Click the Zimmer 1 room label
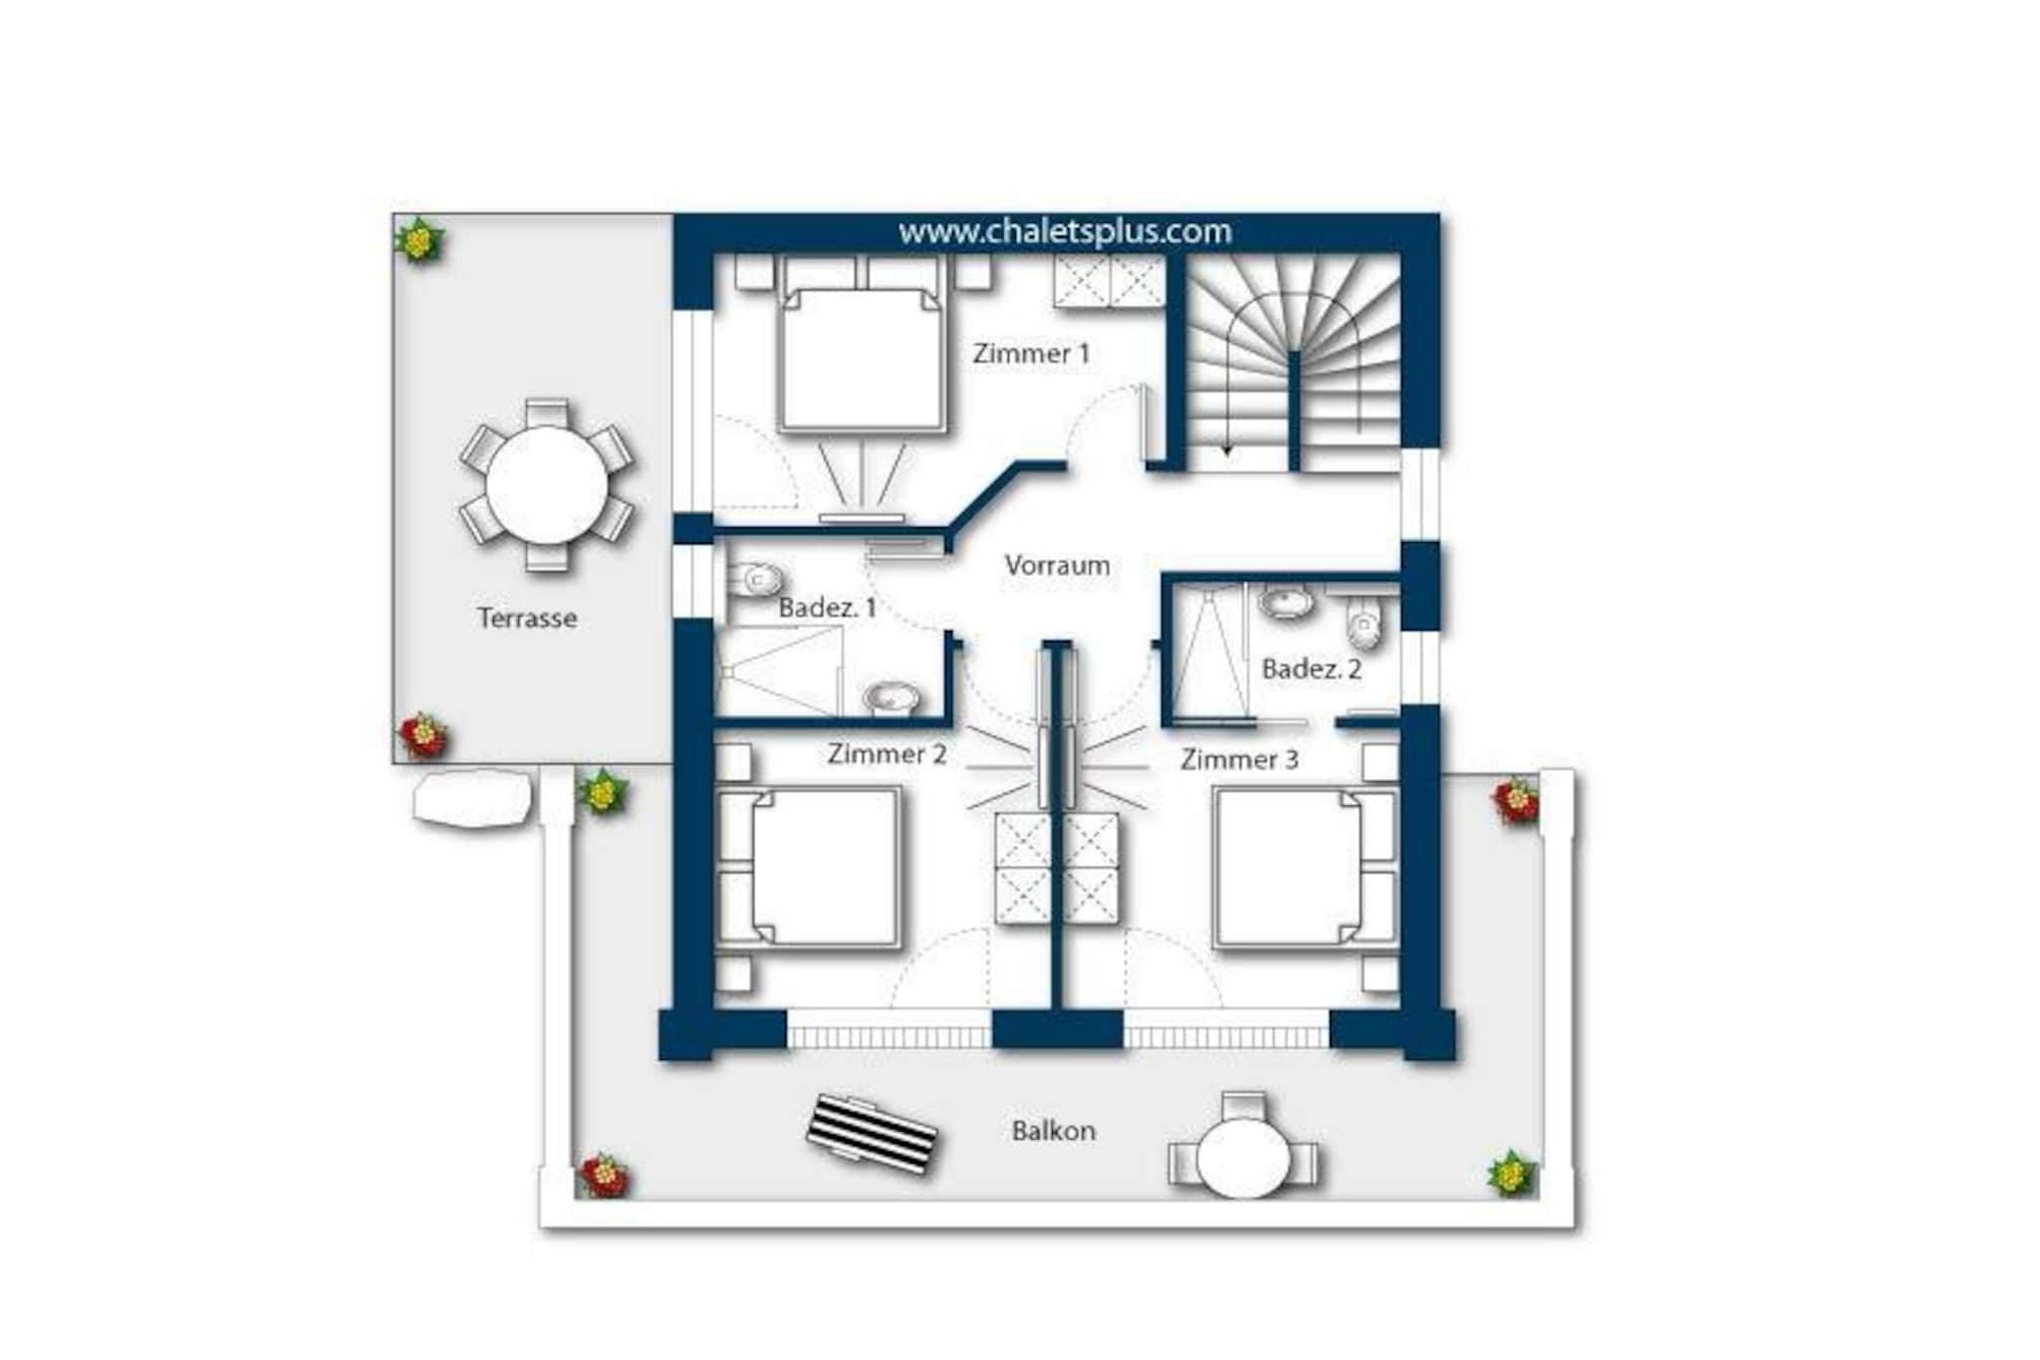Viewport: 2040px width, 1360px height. pos(1031,354)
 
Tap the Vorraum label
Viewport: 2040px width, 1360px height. pos(1057,565)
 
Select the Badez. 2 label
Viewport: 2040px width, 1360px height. pos(1311,669)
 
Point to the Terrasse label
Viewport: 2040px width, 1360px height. pos(527,618)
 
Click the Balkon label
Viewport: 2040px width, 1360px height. pos(1054,1131)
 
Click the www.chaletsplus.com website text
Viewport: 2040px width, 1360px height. pos(1065,231)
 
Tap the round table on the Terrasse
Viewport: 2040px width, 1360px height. pos(547,485)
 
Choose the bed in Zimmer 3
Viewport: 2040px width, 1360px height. pos(1306,867)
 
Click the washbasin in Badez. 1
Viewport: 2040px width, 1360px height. pos(892,698)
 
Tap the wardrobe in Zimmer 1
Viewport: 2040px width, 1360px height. pos(1110,281)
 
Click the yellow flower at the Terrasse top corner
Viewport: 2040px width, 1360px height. pos(419,240)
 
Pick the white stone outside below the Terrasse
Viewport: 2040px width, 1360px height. pos(473,799)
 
